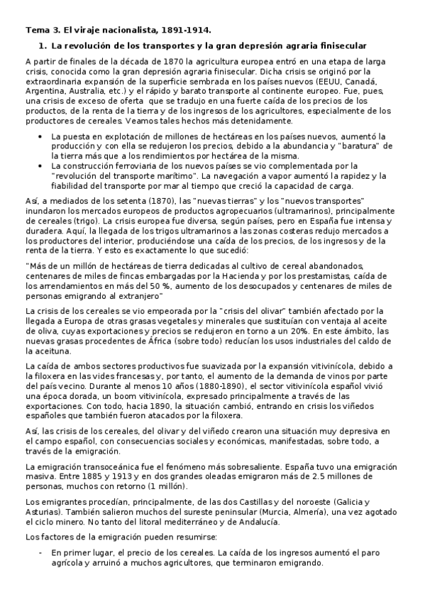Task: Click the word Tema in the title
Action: pyautogui.click(x=36, y=30)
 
